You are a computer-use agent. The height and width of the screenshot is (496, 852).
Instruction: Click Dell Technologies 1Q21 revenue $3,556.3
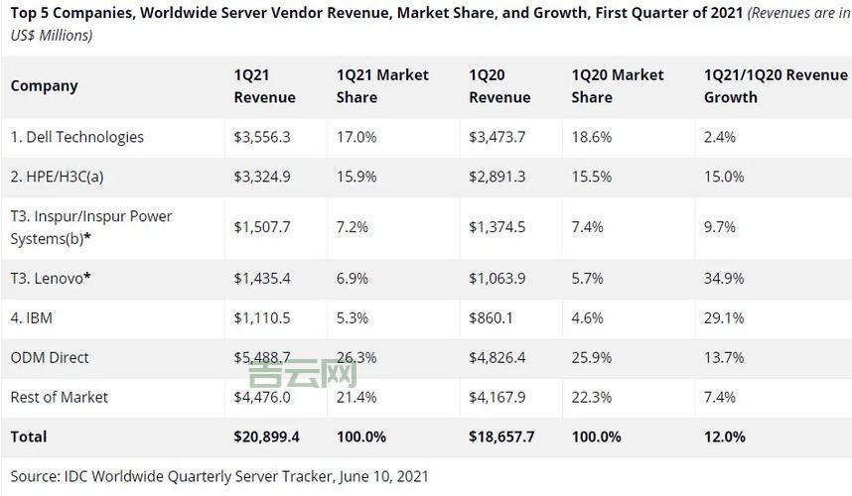(x=262, y=137)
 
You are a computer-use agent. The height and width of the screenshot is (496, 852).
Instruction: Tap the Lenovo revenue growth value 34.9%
(x=724, y=278)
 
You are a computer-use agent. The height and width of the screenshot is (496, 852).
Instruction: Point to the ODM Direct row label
(x=50, y=357)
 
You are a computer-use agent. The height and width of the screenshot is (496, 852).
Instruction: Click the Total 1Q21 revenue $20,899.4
(x=267, y=436)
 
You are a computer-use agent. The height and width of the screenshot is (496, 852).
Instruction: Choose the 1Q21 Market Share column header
(x=383, y=86)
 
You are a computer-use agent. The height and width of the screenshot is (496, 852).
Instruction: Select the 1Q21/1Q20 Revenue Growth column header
(x=776, y=86)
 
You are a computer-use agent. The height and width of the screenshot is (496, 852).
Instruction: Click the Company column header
(x=45, y=86)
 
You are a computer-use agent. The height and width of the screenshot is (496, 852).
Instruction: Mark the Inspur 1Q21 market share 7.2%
(x=353, y=227)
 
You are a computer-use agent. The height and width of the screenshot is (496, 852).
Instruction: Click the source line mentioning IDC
(x=219, y=476)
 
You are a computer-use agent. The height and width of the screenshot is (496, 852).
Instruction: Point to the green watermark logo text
(x=302, y=374)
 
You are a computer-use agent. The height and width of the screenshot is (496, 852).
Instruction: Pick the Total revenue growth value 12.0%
(x=724, y=436)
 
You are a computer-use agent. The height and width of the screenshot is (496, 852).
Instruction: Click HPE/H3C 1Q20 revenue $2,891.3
(x=497, y=177)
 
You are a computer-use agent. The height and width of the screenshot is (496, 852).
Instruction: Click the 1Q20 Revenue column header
(x=499, y=86)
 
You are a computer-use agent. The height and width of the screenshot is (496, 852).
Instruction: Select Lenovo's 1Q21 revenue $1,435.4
(x=262, y=278)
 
